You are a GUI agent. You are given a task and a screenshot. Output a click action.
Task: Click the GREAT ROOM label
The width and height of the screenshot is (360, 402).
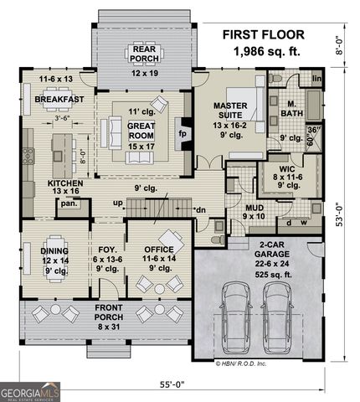[141, 131]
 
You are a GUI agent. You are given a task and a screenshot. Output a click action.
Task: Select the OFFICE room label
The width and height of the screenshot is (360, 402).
[157, 249]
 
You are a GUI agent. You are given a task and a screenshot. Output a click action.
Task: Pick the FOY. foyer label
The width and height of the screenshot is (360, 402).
[108, 249]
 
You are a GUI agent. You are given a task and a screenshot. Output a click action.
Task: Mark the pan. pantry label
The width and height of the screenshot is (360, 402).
[69, 203]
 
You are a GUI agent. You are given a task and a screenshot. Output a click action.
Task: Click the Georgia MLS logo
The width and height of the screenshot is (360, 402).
[30, 390]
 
